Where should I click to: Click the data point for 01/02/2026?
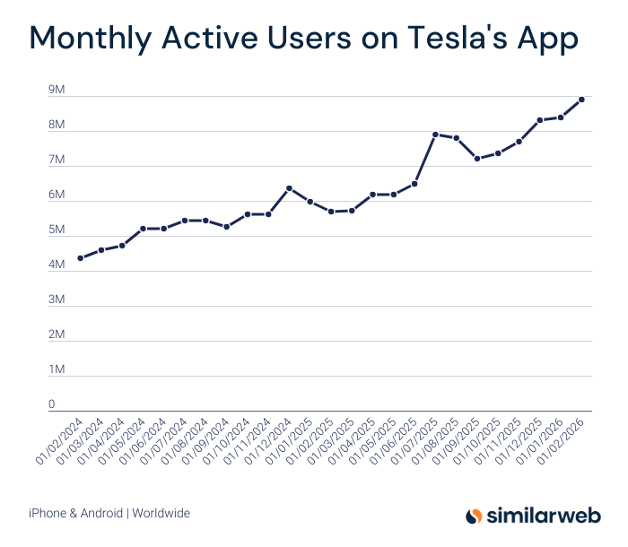(x=581, y=100)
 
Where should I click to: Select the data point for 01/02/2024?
(x=81, y=258)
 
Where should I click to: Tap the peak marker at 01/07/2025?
(x=435, y=135)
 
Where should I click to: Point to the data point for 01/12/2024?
(x=289, y=188)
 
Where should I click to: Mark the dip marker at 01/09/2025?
(x=477, y=159)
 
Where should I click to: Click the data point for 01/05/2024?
(x=143, y=229)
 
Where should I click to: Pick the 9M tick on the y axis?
(x=57, y=91)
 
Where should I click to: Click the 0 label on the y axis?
(x=52, y=404)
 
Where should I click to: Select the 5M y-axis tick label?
(x=57, y=230)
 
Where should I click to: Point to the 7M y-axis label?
(x=57, y=161)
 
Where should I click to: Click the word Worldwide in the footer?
(x=161, y=513)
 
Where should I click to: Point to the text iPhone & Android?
(x=76, y=513)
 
